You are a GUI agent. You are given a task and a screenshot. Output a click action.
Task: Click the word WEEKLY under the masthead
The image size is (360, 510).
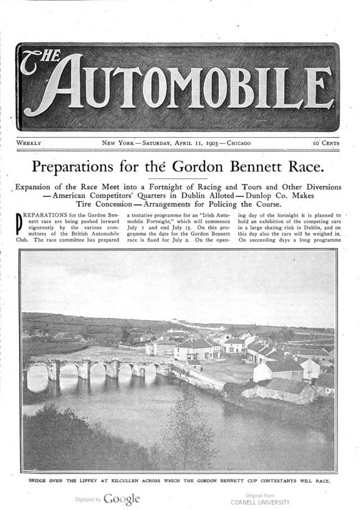click(x=29, y=143)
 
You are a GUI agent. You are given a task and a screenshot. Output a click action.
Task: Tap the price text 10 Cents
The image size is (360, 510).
click(x=326, y=143)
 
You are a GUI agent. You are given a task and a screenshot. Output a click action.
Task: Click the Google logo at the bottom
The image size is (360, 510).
click(x=121, y=499)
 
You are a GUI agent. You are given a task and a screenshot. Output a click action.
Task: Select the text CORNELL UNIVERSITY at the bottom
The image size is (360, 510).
click(x=260, y=502)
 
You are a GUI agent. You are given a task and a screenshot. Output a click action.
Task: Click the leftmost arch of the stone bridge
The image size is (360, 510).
click(x=38, y=378)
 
